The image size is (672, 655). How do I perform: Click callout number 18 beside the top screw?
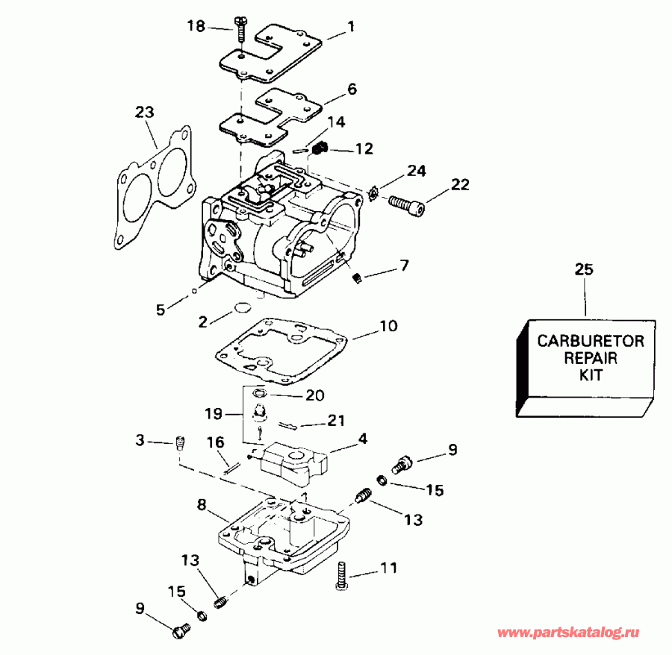pyautogui.click(x=196, y=27)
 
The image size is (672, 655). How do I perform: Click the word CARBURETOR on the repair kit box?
pyautogui.click(x=590, y=341)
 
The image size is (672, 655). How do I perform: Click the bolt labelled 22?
pyautogui.click(x=406, y=203)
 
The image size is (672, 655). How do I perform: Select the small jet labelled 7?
pyautogui.click(x=358, y=278)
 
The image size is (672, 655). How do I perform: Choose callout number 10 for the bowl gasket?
pyautogui.click(x=388, y=326)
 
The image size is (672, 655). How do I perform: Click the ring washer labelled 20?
pyautogui.click(x=259, y=394)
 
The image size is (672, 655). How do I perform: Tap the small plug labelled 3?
pyautogui.click(x=179, y=443)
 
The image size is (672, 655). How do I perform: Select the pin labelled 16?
pyautogui.click(x=231, y=467)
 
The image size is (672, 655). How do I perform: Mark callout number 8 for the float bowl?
pyautogui.click(x=201, y=505)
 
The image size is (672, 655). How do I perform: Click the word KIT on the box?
pyautogui.click(x=590, y=375)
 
